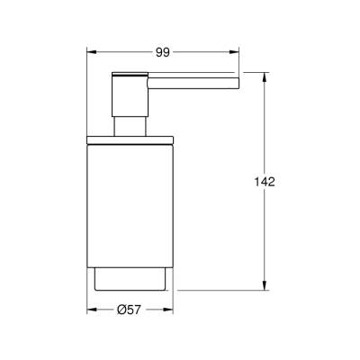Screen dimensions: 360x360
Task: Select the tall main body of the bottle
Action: point(130,202)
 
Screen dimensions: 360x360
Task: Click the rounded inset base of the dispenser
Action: point(130,279)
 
